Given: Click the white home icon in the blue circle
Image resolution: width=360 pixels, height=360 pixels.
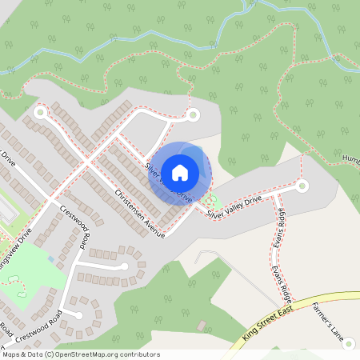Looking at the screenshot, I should tap(180, 172).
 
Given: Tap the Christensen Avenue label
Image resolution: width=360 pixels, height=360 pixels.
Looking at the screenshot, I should tap(139, 213).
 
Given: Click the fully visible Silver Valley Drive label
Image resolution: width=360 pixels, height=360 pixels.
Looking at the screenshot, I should tap(234, 207).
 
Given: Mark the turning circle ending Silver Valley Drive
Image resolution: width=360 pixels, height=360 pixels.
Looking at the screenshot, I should tap(302, 186).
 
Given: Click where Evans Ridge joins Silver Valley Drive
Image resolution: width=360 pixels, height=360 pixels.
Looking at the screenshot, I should tap(274, 194).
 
